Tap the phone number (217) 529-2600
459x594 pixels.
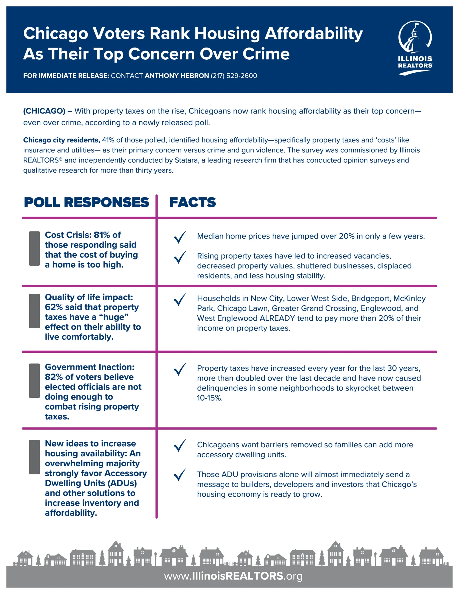pos(234,76)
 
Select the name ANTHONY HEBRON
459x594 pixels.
pos(177,76)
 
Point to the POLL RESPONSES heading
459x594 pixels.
pos(86,202)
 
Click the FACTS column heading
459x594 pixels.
pos(192,202)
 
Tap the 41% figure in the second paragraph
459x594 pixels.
pos(108,140)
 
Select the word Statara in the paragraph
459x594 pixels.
pos(186,160)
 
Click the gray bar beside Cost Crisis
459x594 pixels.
pos(34,248)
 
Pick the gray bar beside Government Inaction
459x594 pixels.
pos(34,381)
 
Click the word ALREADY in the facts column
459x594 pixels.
pos(277,318)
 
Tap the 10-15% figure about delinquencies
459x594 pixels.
pos(210,398)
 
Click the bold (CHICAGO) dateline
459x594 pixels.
pos(44,111)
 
